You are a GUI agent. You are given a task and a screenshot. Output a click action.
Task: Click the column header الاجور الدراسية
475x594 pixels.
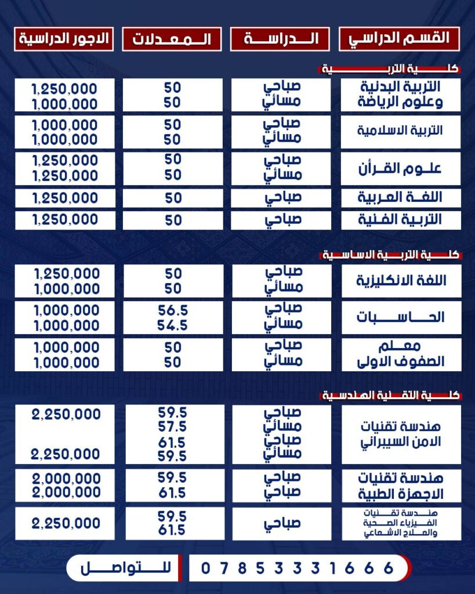pyautogui.click(x=64, y=39)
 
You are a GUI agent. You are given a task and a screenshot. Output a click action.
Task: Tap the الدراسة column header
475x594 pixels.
pyautogui.click(x=281, y=39)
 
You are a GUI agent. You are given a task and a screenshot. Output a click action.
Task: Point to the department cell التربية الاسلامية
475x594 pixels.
pyautogui.click(x=400, y=131)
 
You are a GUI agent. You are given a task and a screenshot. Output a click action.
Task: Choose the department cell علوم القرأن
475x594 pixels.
pyautogui.click(x=400, y=168)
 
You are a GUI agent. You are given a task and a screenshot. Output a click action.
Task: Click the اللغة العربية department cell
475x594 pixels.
pyautogui.click(x=400, y=198)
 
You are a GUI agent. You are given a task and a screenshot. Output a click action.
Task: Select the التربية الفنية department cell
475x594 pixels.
pyautogui.click(x=400, y=220)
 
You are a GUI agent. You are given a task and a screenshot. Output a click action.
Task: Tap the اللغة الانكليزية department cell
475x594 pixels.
pyautogui.click(x=400, y=281)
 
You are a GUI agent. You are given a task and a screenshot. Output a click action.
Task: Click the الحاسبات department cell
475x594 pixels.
pyautogui.click(x=400, y=317)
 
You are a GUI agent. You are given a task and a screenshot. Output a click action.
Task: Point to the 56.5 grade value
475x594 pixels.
pyautogui.click(x=173, y=311)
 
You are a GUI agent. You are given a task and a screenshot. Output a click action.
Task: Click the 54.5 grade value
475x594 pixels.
pyautogui.click(x=173, y=326)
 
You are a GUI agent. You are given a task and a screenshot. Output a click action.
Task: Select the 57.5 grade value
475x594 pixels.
pyautogui.click(x=173, y=428)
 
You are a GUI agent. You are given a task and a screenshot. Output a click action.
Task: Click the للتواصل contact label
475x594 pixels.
pyautogui.click(x=121, y=568)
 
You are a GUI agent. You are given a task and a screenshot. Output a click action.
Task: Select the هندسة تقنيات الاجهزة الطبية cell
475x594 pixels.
pyautogui.click(x=400, y=486)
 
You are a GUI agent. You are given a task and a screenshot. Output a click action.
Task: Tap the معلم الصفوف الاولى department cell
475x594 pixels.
pyautogui.click(x=400, y=354)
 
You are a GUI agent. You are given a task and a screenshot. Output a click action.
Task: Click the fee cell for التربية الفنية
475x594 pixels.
pyautogui.click(x=65, y=220)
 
